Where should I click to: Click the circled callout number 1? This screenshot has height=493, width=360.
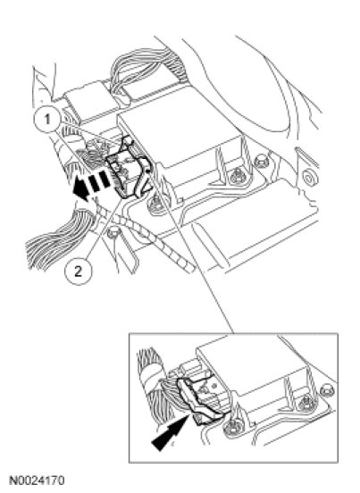pos(46,119)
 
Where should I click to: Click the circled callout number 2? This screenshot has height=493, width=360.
pos(79,271)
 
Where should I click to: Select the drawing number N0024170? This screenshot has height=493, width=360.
pos(38,480)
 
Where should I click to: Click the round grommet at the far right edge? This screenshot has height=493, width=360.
pos(308,178)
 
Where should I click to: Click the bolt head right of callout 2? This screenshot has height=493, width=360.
pos(113,233)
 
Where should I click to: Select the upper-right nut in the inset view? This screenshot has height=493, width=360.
pos(327,390)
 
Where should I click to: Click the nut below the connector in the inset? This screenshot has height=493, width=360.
pos(233,429)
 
